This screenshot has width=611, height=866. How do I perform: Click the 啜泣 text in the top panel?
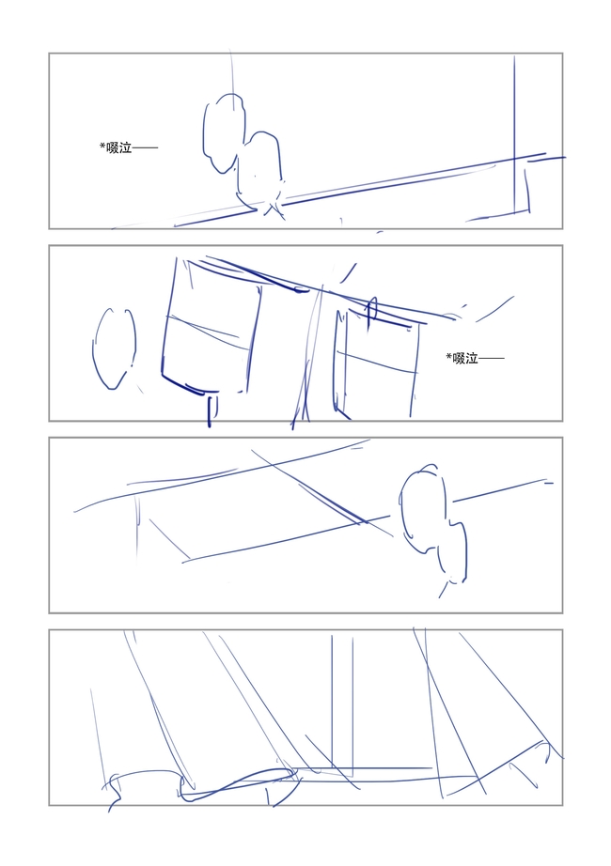118,147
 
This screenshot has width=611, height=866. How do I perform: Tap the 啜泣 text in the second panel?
465,359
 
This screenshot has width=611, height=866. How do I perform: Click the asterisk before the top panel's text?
102,146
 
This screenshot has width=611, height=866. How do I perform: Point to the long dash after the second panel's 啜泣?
492,359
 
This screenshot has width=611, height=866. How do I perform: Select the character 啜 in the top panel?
113,147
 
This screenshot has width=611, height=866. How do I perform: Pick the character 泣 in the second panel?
472,359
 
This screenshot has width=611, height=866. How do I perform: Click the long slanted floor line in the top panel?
359,190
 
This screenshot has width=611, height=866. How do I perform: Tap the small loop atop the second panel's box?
371,308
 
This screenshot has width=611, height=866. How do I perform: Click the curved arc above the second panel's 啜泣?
494,310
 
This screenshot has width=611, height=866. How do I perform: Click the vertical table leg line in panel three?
137,528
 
